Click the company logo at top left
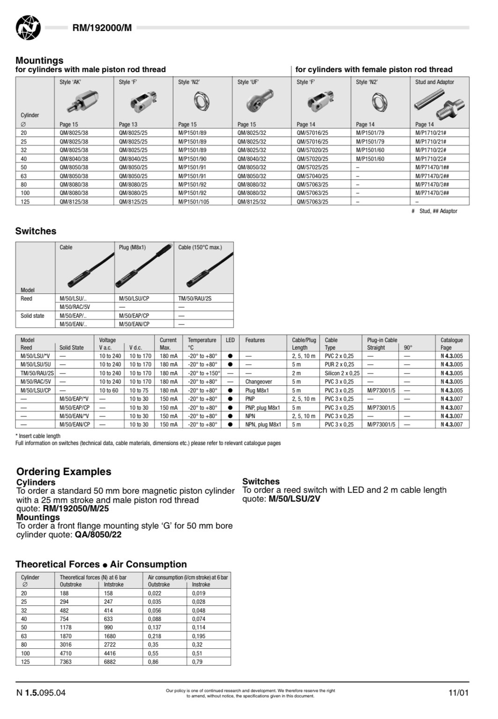[x=28, y=28]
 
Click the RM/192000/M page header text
[x=102, y=28]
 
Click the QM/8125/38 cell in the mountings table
[x=74, y=202]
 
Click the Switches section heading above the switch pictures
[x=36, y=231]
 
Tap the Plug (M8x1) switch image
[x=143, y=270]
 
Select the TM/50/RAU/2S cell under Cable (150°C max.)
[x=195, y=299]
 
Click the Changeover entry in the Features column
[x=258, y=382]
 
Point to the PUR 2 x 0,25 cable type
[x=339, y=365]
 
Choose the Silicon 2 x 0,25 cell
[x=342, y=373]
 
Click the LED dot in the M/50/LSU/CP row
[x=230, y=390]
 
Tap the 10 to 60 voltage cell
[x=109, y=390]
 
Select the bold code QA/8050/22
[x=98, y=535]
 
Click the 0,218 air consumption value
[x=154, y=636]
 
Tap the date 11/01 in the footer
[x=458, y=693]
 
